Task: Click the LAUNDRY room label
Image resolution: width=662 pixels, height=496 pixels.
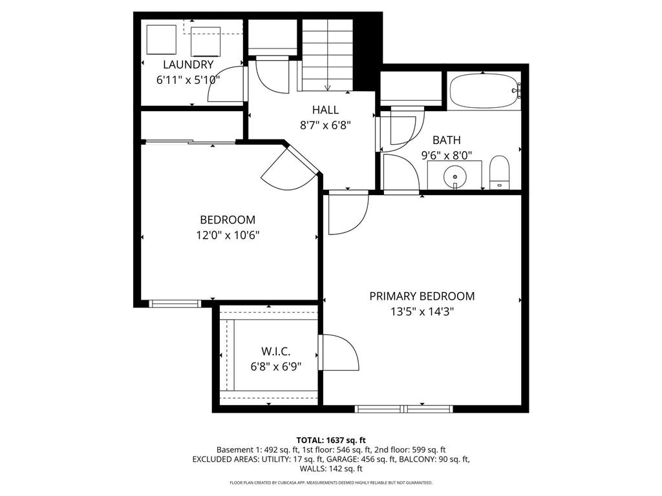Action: point(188,65)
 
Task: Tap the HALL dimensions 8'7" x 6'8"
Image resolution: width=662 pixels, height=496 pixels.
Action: point(325,126)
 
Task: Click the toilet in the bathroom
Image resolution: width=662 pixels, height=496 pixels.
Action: point(500,172)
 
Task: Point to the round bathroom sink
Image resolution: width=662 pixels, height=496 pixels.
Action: point(455,174)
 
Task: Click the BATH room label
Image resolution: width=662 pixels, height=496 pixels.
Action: point(447,139)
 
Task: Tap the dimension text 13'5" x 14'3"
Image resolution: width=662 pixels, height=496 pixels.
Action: point(422,312)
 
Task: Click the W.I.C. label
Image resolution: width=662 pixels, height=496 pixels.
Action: point(275,351)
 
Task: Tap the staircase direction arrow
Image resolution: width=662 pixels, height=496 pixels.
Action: point(328,87)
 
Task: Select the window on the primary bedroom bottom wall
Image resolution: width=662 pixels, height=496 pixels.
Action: point(404,408)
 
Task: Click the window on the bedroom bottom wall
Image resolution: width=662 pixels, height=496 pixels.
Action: point(175,303)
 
